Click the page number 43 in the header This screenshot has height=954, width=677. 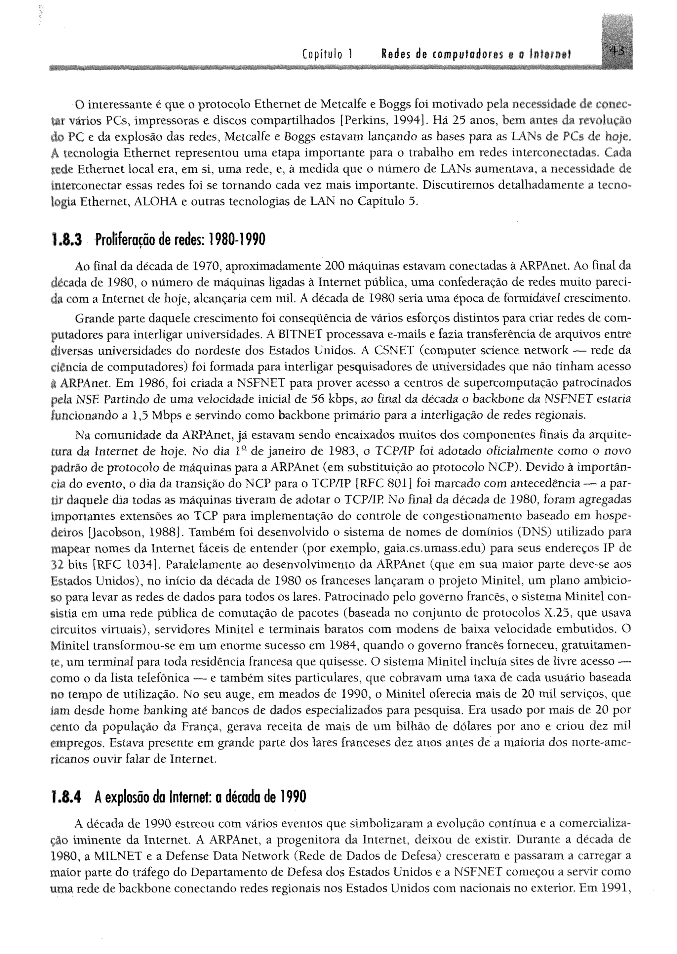616,51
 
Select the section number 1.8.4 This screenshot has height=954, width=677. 67,797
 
